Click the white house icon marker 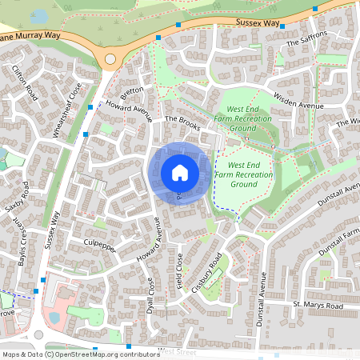coord(179,172)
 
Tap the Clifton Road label coord(25,82)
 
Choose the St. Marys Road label coord(318,306)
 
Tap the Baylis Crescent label coord(14,244)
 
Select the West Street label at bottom coord(178,350)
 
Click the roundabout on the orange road coord(110,58)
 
